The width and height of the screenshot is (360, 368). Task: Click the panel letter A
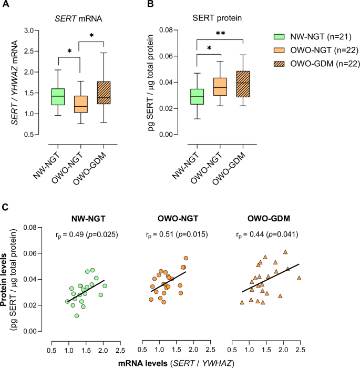(6, 6)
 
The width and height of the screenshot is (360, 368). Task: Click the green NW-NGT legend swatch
(283, 37)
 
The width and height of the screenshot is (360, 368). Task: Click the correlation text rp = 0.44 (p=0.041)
(268, 234)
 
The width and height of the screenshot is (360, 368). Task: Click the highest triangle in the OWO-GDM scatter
(285, 252)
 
